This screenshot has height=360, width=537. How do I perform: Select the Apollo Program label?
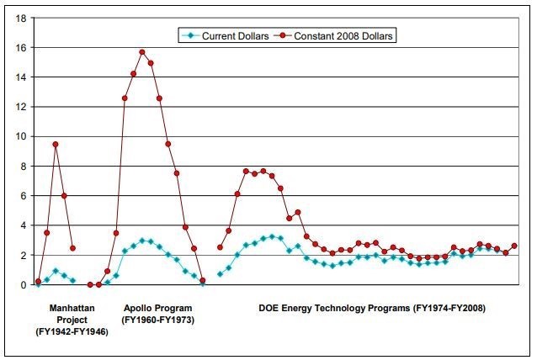(157, 308)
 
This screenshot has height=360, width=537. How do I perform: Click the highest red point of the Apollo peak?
(142, 52)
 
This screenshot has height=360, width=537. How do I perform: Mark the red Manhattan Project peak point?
(56, 145)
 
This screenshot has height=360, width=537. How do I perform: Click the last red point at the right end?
(514, 246)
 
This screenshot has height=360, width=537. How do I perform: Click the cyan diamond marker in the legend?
(190, 36)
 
